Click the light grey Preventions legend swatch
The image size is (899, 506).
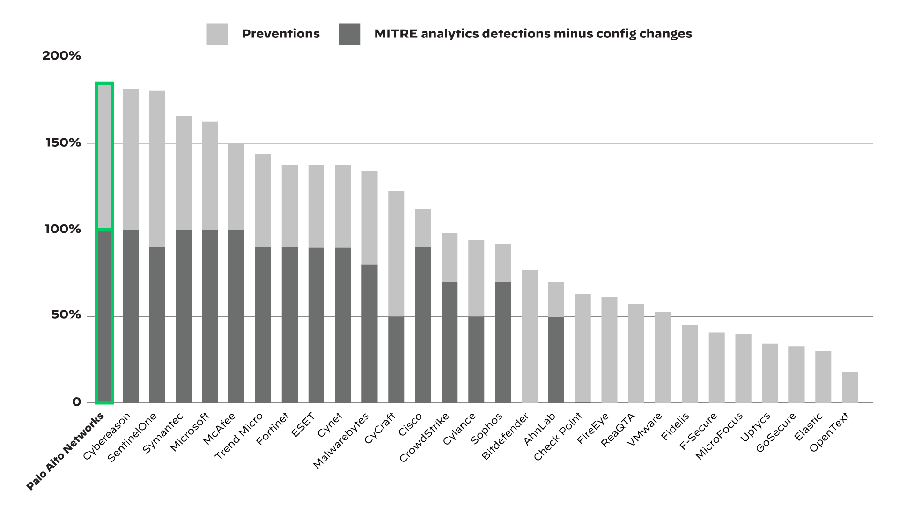[217, 34]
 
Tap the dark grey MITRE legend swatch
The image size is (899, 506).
[349, 34]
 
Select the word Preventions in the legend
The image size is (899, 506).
[280, 34]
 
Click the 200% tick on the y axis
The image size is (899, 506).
[61, 56]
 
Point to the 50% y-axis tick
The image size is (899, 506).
[66, 315]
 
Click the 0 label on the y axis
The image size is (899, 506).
[77, 402]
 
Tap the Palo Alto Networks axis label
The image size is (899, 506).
[65, 452]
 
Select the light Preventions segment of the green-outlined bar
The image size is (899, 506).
[104, 156]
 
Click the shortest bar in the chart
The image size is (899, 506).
[849, 387]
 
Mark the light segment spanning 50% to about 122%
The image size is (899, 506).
[396, 253]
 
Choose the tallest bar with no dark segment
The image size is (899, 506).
[529, 336]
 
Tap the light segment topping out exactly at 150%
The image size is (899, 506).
[236, 186]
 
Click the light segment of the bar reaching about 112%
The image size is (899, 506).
[423, 228]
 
